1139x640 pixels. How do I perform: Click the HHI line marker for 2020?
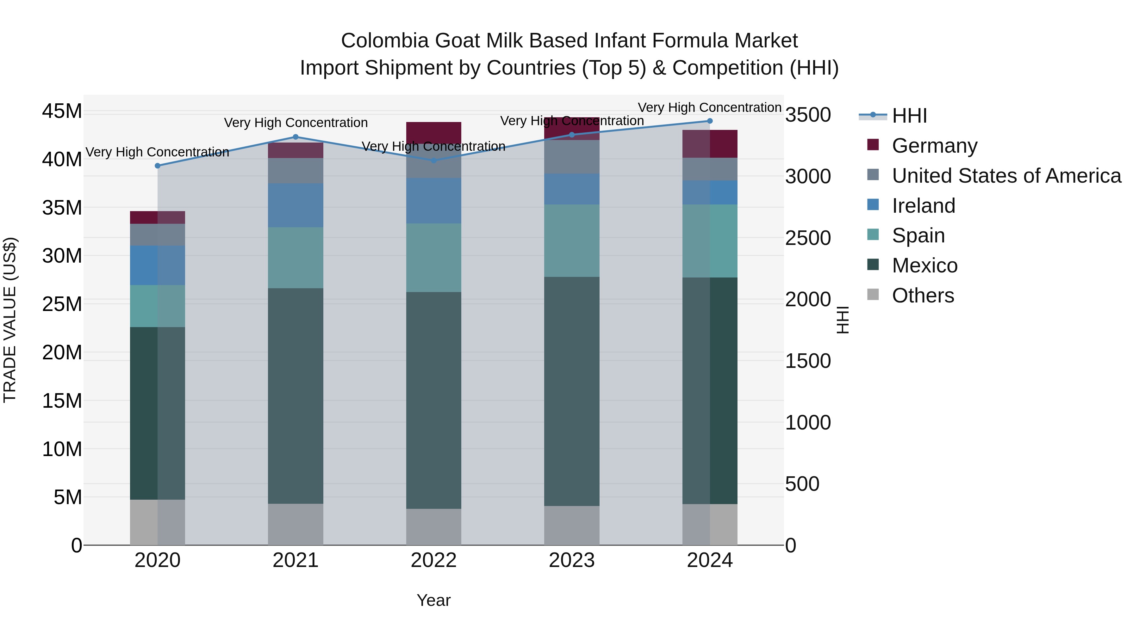pyautogui.click(x=158, y=166)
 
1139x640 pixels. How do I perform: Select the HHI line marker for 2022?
pyautogui.click(x=434, y=160)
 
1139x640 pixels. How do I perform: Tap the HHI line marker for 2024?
pyautogui.click(x=710, y=121)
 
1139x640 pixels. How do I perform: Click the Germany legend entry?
pyautogui.click(x=934, y=146)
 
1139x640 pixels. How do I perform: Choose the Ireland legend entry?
pyautogui.click(x=923, y=206)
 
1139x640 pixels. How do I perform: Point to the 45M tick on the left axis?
pyautogui.click(x=62, y=111)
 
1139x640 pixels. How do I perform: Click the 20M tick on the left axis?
pyautogui.click(x=62, y=352)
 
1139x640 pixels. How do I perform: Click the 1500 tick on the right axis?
pyautogui.click(x=808, y=361)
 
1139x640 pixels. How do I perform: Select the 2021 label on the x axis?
pyautogui.click(x=296, y=560)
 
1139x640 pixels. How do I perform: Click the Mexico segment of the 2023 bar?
pyautogui.click(x=572, y=391)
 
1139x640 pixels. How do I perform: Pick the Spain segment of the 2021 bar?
pyautogui.click(x=296, y=258)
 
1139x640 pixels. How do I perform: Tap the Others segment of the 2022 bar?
pyautogui.click(x=434, y=527)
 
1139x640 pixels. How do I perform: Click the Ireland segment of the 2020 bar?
pyautogui.click(x=158, y=265)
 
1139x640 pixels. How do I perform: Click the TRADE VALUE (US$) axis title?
pyautogui.click(x=10, y=320)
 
